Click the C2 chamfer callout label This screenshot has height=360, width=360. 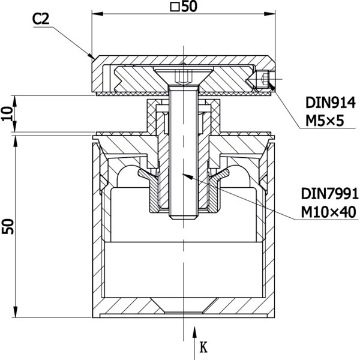[x=41, y=19]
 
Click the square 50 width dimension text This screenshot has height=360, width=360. [x=184, y=7]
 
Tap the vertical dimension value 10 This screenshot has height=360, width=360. [x=7, y=113]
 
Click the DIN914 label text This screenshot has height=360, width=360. [x=331, y=103]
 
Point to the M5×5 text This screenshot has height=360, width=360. [x=325, y=121]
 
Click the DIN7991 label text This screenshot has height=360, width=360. [x=329, y=194]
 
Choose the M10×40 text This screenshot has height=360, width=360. [x=329, y=212]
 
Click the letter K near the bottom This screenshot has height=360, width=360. [x=203, y=347]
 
